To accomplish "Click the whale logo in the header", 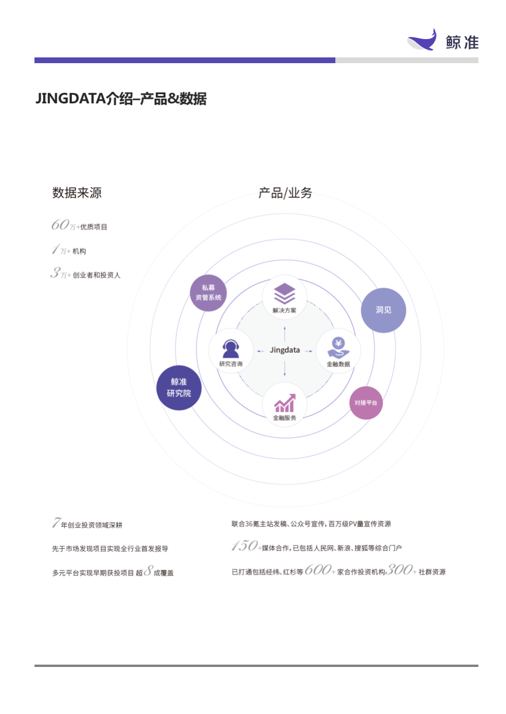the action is [422, 40].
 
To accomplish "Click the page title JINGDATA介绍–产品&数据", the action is [121, 98].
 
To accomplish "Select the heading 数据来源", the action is [77, 193].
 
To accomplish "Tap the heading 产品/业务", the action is [285, 193].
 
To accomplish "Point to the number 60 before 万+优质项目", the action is [60, 225].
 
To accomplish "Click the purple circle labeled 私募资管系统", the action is [208, 292].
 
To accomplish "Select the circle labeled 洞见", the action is [383, 310].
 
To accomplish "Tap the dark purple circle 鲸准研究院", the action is [179, 388].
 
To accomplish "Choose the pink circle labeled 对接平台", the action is [366, 403].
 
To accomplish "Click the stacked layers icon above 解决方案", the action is [285, 294].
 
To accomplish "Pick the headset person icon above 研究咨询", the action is [231, 349].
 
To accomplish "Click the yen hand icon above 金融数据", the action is [338, 348].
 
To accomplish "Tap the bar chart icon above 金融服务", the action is [285, 403].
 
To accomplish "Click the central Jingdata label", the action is [285, 350].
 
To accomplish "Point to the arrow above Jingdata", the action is [285, 334].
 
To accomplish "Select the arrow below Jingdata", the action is [285, 368].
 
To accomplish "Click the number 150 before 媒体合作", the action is [245, 545].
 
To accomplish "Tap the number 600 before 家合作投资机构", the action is [317, 570].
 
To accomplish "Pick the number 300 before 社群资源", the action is [399, 570].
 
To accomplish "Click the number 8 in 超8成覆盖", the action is [148, 570].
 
